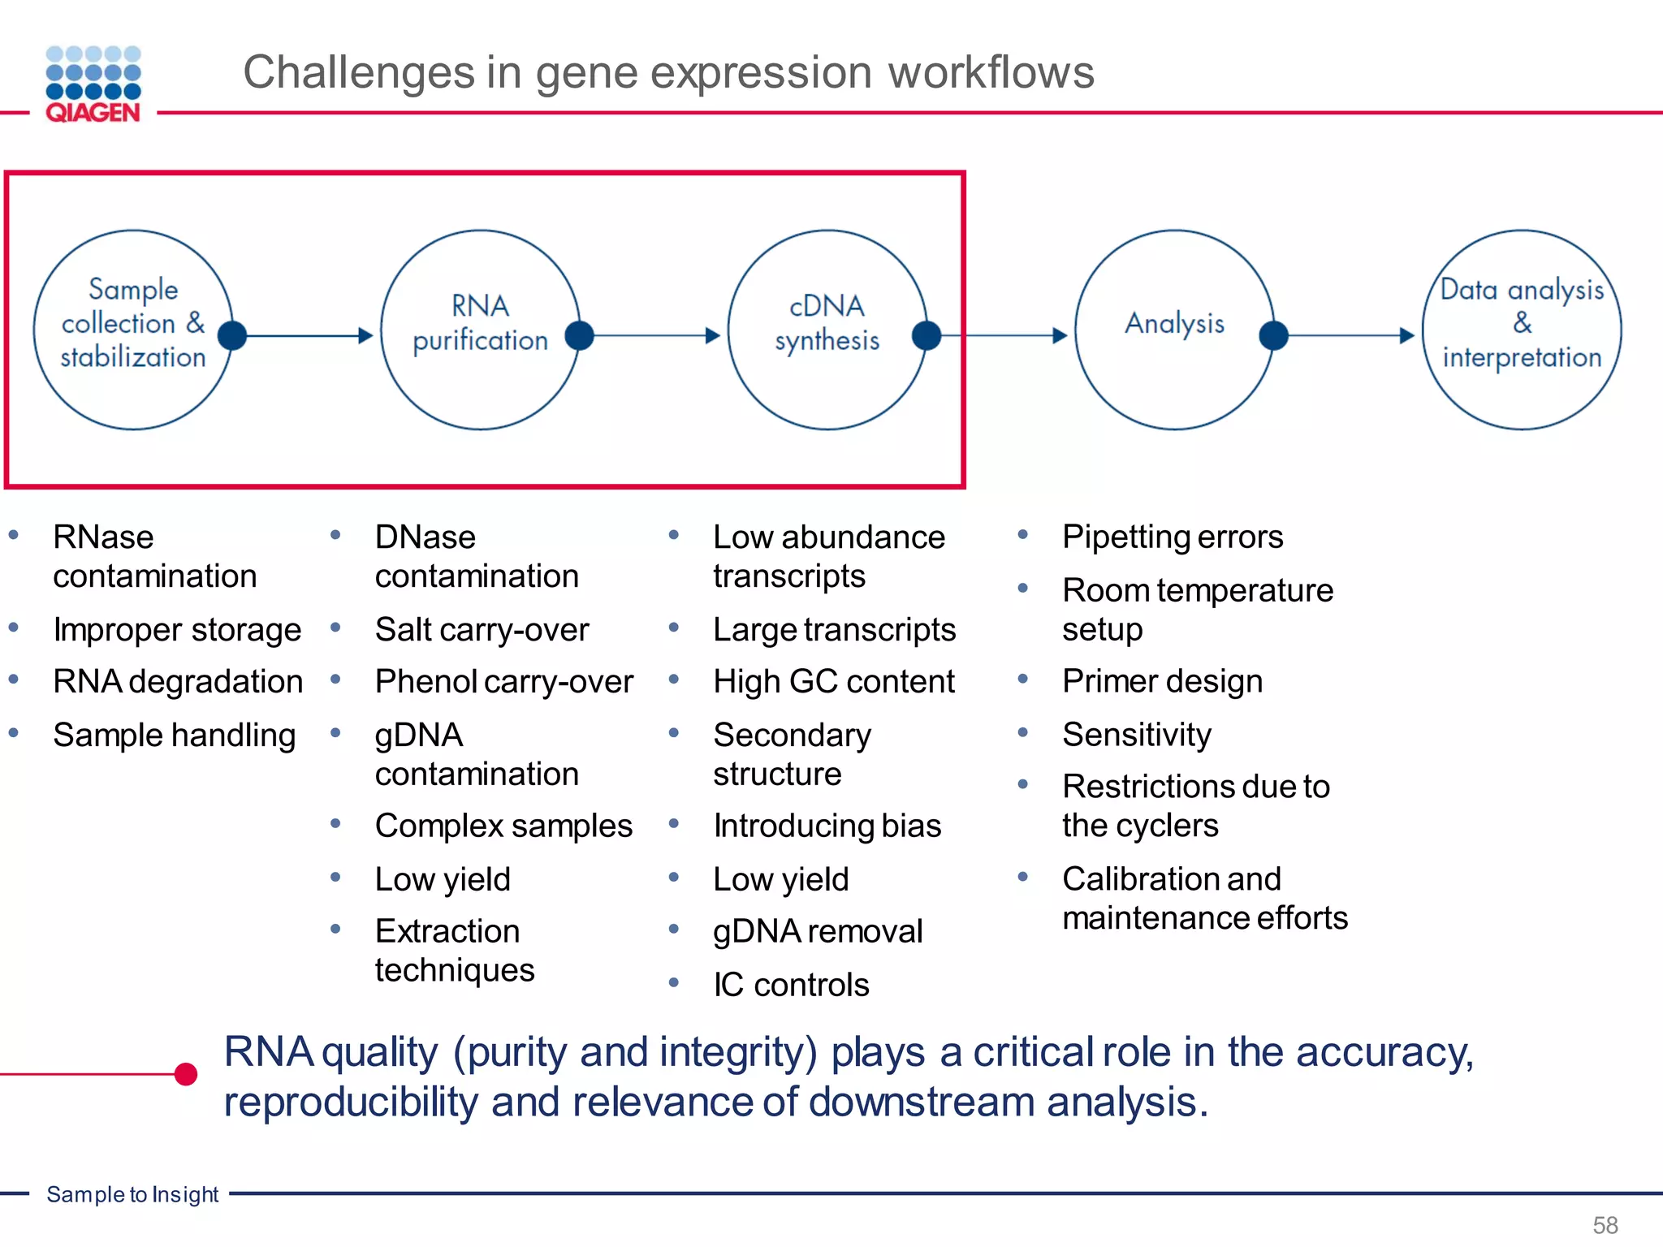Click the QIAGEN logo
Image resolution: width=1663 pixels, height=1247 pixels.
click(93, 84)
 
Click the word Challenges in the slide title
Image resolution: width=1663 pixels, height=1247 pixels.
click(358, 72)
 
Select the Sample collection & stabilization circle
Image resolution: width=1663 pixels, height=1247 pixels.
click(133, 330)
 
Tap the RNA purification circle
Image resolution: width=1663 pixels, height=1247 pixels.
click(480, 330)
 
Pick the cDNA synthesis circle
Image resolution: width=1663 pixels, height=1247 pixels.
click(827, 330)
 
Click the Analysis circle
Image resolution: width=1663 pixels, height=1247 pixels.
click(1173, 330)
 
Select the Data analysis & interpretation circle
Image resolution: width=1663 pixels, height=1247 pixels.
click(1521, 330)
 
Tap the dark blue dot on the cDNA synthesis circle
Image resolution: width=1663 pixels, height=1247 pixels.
click(927, 335)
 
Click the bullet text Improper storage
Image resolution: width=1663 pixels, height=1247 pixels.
click(177, 630)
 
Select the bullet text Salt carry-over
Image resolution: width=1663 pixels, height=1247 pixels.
click(482, 630)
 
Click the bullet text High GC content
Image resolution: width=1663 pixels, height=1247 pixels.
click(833, 682)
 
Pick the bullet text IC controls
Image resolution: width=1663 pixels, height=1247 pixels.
click(791, 985)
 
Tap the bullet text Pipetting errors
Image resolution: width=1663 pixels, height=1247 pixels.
click(1173, 537)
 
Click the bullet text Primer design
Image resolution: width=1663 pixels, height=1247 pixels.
click(1162, 682)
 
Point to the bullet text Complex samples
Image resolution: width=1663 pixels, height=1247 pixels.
click(503, 826)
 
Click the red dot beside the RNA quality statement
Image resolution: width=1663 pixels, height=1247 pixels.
click(186, 1074)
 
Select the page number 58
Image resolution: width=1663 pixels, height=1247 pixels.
click(1605, 1224)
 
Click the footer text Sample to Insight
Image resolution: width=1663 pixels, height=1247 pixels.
click(132, 1194)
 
